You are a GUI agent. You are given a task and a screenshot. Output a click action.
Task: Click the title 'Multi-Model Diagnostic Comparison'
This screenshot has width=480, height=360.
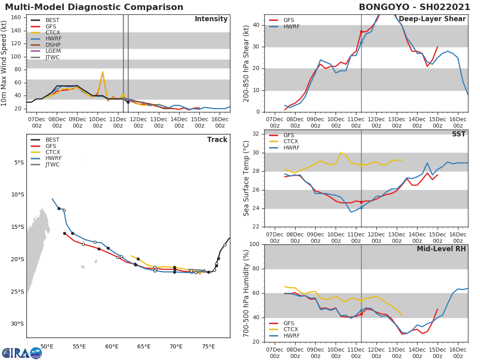pos(94,7)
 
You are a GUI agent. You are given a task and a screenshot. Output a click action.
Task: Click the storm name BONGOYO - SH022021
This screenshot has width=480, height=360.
pos(414,7)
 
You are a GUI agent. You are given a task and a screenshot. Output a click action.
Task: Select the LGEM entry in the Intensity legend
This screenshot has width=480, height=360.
pos(53,51)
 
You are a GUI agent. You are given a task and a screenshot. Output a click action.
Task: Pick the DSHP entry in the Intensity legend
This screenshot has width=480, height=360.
pos(53,45)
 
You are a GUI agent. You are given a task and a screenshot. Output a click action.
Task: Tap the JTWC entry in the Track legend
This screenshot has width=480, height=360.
pos(52,165)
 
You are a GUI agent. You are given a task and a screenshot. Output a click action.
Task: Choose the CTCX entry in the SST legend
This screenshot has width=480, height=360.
pos(291,142)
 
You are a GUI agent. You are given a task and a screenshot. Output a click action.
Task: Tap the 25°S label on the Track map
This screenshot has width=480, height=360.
pos(17,292)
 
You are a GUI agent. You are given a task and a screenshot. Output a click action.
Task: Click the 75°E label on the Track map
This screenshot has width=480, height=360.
pos(208,346)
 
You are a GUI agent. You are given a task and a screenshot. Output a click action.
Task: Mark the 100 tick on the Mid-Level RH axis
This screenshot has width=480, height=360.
pos(255,244)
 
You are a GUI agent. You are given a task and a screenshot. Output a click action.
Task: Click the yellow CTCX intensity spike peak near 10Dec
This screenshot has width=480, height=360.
pos(102,72)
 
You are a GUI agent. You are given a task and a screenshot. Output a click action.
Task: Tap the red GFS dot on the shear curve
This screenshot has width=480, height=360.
pos(361,32)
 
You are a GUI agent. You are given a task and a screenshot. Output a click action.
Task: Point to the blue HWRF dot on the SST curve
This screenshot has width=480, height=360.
pos(361,208)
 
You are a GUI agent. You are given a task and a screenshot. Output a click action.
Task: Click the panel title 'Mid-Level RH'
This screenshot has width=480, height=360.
pos(441,249)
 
